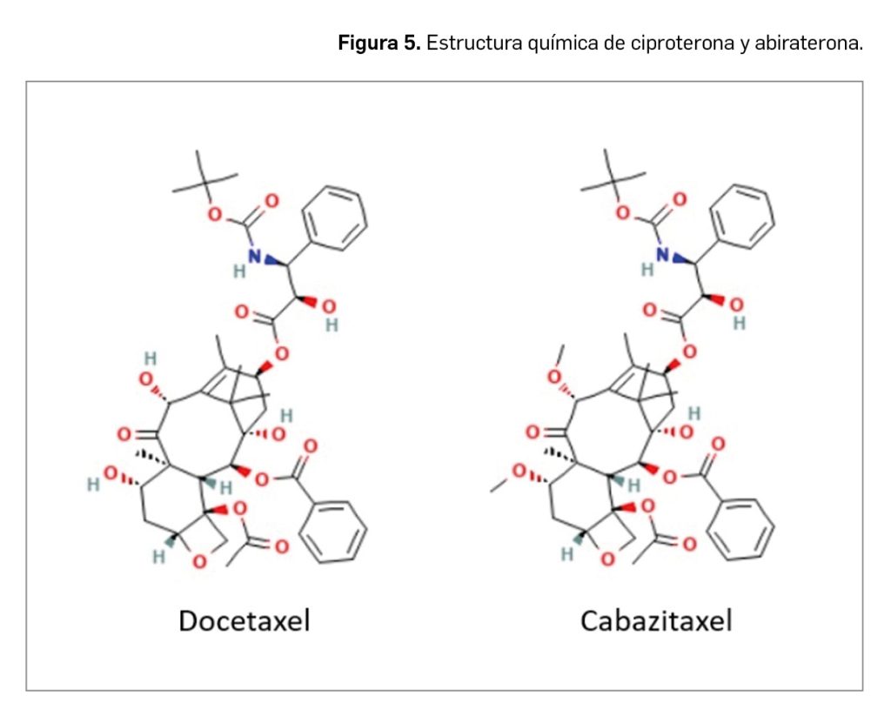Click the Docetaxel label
tap(244, 620)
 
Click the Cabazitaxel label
tap(656, 620)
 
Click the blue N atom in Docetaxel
tap(255, 256)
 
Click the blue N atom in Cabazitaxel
tap(663, 254)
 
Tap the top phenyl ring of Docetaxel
tap(337, 215)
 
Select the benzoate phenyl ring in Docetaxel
tap(335, 531)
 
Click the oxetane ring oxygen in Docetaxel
tap(199, 561)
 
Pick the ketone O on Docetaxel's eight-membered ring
tap(124, 432)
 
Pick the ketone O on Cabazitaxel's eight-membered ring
tap(532, 432)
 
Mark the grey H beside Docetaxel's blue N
tap(238, 271)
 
